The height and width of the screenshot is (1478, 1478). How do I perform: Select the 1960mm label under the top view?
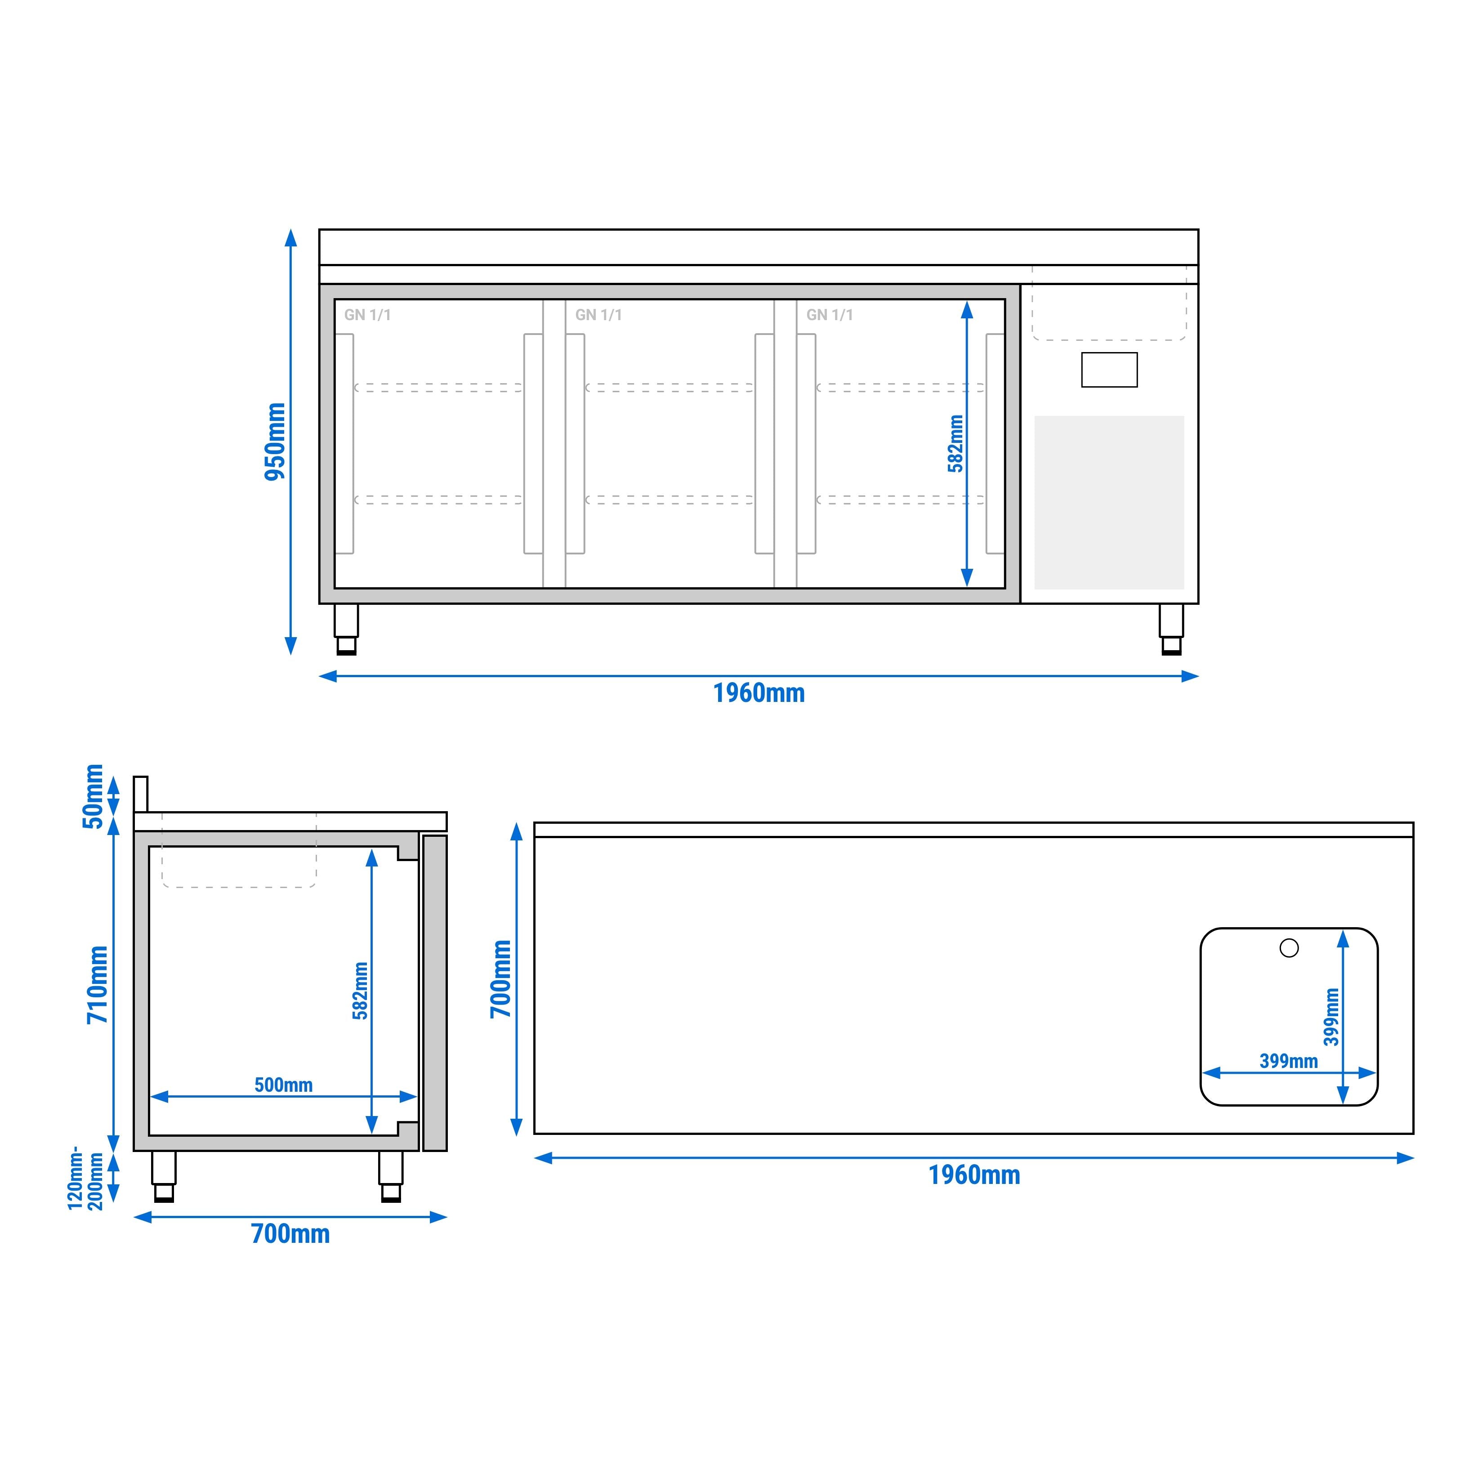pyautogui.click(x=974, y=1174)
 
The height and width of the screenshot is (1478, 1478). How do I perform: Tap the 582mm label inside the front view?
pyautogui.click(x=956, y=444)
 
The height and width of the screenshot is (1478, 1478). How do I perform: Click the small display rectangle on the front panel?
pyautogui.click(x=1108, y=370)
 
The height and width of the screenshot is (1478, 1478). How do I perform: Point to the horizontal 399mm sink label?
pyautogui.click(x=1288, y=1061)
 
